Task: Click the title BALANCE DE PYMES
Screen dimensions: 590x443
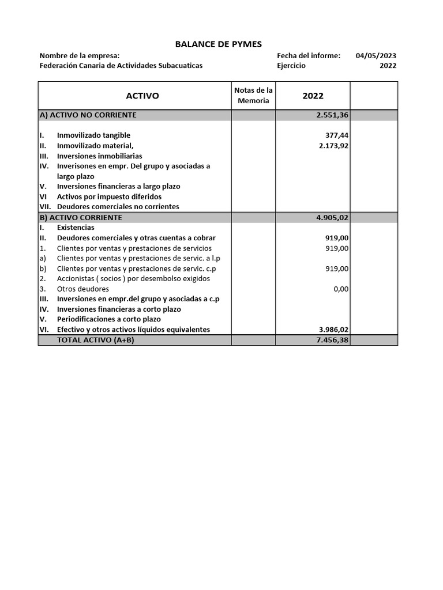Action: coord(218,44)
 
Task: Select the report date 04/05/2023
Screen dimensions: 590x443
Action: coord(376,56)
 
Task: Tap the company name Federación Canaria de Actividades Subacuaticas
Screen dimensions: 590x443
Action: coord(121,66)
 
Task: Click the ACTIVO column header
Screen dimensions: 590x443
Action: coord(142,96)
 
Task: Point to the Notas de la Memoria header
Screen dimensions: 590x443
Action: coord(253,96)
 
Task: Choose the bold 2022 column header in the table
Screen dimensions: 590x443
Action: coord(313,96)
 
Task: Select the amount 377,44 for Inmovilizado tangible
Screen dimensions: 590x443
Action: coord(337,135)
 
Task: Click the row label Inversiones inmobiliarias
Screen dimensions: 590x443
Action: coord(99,156)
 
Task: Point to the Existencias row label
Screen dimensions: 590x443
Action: coord(76,228)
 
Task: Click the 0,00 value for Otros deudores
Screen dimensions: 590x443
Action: coord(341,289)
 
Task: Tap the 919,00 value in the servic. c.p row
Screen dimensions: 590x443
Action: coord(337,268)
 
